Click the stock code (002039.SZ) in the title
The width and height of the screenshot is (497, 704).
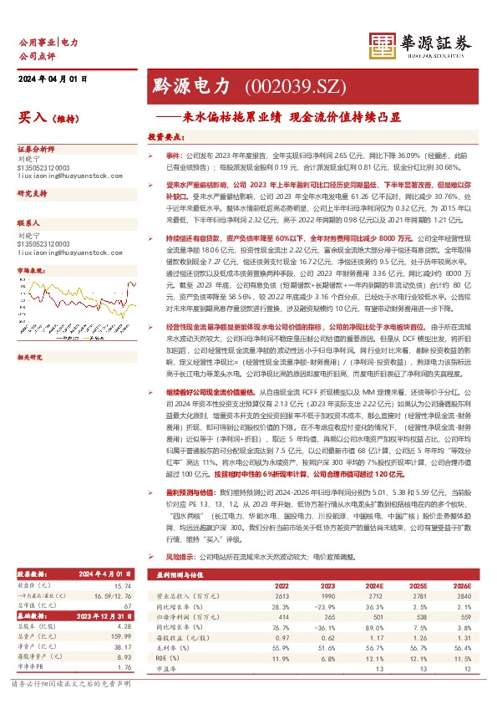tap(287, 86)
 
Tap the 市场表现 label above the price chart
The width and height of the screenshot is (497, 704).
tap(31, 272)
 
